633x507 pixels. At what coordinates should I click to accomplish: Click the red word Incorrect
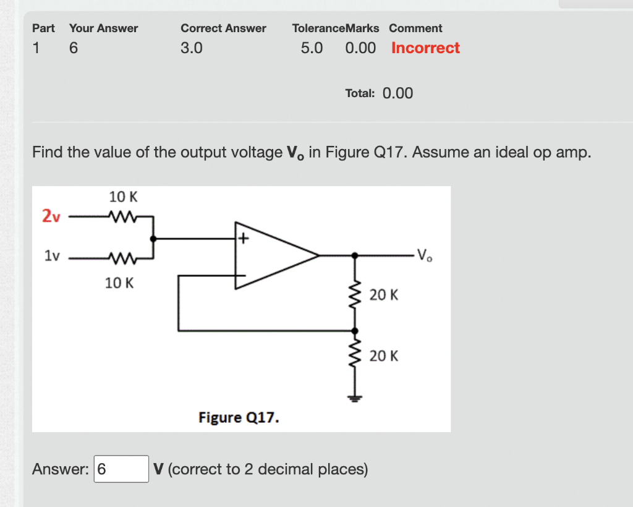pos(425,48)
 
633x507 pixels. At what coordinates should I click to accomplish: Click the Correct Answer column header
pos(223,28)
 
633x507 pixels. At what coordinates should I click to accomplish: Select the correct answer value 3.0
pos(191,48)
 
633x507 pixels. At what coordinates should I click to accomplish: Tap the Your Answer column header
pos(103,28)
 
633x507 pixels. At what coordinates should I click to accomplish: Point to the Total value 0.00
pos(397,93)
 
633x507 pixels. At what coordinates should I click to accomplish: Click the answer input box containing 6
pos(121,469)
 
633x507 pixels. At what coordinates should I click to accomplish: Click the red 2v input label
pos(51,216)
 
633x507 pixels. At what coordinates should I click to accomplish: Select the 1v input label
pos(52,255)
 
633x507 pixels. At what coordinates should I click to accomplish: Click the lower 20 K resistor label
pos(384,356)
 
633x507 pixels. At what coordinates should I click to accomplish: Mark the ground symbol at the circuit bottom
pos(355,398)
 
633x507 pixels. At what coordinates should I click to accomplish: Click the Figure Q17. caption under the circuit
pos(239,418)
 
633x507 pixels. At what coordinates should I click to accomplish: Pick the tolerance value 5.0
pos(312,48)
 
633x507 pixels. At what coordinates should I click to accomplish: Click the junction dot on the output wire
pos(355,255)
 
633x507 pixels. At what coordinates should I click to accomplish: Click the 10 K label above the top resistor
pos(123,197)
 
